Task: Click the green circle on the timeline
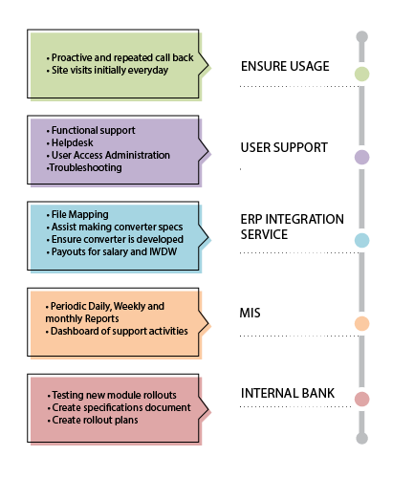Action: pos(361,74)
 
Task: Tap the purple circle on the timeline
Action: pos(361,157)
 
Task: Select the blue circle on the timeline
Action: pos(361,240)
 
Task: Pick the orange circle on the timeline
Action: pos(361,324)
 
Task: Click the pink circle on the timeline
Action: pos(361,399)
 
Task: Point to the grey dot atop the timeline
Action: pos(361,37)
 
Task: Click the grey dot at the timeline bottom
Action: pos(361,438)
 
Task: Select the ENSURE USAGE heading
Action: pos(285,66)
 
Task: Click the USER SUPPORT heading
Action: pos(284,147)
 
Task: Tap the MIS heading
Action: pos(250,313)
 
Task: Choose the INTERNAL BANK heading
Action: pos(288,393)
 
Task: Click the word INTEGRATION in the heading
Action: pos(304,219)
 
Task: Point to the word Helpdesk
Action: pos(73,142)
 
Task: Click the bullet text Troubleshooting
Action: pos(84,167)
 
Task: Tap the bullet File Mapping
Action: pos(77,214)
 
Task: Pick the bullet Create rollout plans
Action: pos(93,420)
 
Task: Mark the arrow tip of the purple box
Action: pos(208,151)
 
